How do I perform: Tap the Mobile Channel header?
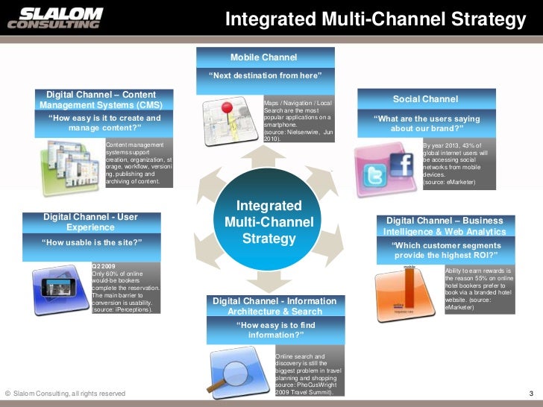coord(263,57)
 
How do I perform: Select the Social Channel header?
coord(425,99)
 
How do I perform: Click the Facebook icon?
coord(401,163)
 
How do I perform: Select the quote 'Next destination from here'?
coord(265,76)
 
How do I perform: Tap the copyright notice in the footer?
coord(65,394)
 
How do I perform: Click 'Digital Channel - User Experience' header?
coord(90,221)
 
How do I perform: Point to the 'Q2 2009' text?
coord(102,265)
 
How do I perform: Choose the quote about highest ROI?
coord(445,250)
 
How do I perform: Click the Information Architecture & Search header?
coord(274,306)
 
